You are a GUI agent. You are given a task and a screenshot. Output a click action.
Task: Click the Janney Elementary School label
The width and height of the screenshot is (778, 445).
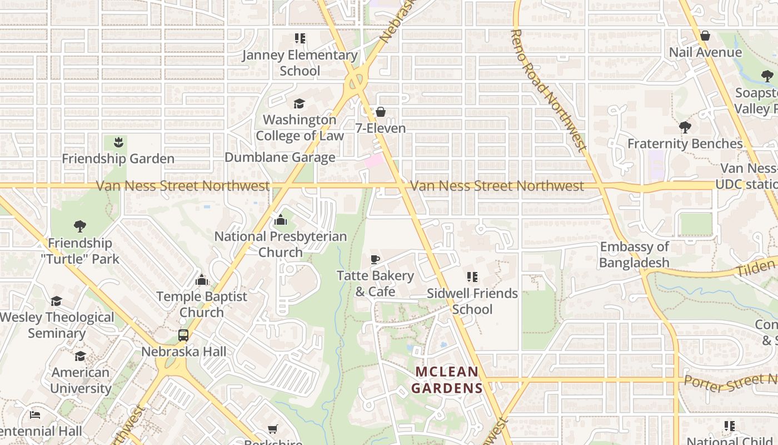(300, 63)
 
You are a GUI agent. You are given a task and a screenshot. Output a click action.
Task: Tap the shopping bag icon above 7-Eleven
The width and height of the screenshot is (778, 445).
(381, 112)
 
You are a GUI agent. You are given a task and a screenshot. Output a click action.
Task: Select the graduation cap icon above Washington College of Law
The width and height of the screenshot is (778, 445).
(300, 103)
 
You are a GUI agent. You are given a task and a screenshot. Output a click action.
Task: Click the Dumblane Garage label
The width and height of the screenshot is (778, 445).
(280, 157)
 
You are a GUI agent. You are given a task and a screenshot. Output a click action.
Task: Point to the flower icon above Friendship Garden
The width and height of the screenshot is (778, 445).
(118, 142)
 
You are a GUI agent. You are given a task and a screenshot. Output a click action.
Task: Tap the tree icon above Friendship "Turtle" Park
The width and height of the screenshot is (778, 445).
(80, 226)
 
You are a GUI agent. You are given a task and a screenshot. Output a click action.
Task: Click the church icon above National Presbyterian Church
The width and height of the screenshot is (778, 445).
(281, 220)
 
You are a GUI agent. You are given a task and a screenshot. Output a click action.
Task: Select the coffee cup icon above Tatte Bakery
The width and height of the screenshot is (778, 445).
(375, 259)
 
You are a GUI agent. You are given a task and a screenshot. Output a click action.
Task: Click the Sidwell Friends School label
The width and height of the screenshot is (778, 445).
(472, 301)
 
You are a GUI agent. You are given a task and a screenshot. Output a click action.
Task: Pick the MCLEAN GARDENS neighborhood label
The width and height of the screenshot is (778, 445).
(447, 380)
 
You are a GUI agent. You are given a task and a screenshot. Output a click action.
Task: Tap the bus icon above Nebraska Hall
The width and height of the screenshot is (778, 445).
(183, 335)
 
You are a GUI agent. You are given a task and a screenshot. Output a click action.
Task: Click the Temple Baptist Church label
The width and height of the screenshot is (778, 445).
(202, 304)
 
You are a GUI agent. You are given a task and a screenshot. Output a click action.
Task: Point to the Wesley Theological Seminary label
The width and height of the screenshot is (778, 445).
(57, 325)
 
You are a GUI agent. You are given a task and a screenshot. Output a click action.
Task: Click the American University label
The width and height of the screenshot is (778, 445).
(81, 380)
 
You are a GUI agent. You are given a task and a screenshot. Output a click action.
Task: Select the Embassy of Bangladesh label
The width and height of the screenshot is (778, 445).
(634, 255)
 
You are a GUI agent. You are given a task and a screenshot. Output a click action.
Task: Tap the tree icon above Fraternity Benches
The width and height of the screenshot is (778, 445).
(685, 127)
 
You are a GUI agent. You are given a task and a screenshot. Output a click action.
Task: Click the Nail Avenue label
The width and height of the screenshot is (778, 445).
(705, 52)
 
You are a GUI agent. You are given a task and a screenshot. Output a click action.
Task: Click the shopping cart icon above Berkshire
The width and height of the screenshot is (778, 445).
(273, 429)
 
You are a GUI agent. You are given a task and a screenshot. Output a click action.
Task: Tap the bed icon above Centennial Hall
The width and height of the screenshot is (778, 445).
(35, 415)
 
